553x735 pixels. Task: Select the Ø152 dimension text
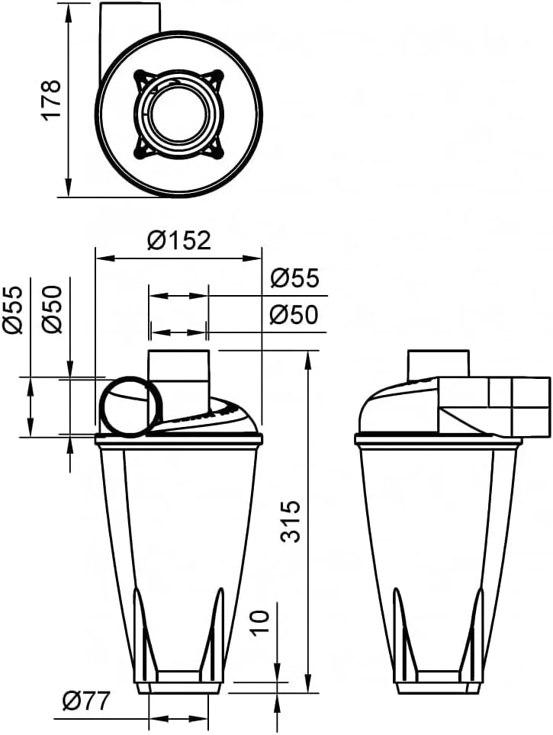178,241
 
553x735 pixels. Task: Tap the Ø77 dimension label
86,699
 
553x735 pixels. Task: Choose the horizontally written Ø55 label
294,279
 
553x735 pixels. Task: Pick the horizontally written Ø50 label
294,315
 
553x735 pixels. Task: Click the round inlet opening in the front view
130,407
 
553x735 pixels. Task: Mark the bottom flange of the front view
178,687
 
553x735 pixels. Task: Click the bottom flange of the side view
438,687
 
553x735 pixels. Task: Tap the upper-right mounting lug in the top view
217,78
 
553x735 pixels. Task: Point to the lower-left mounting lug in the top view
141,149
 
